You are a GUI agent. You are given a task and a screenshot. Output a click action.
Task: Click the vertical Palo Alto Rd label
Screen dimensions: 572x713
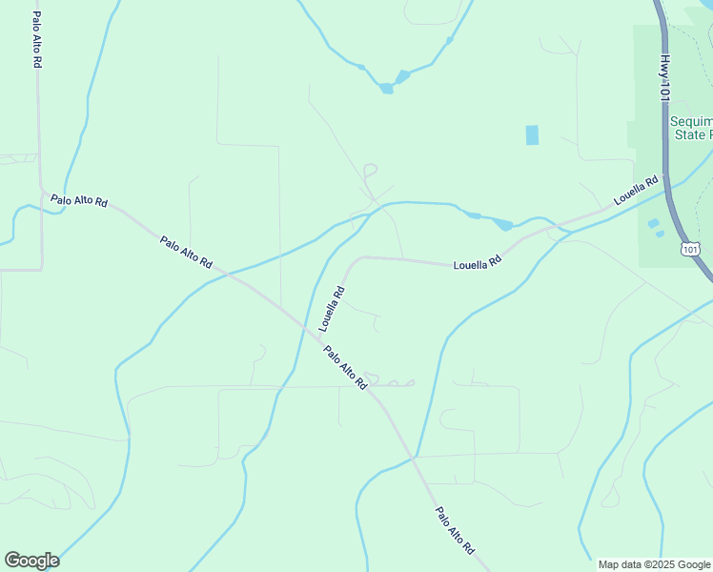(x=36, y=39)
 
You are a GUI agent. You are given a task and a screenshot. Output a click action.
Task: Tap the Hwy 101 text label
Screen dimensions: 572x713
(x=663, y=77)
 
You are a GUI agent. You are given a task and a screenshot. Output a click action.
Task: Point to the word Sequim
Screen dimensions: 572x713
(x=690, y=122)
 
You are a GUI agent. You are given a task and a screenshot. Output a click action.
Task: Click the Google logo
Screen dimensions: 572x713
(x=31, y=561)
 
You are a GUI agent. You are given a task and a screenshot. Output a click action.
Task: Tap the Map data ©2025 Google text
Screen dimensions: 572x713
(x=655, y=564)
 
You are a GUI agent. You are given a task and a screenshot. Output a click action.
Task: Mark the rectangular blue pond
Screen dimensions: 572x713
(x=532, y=135)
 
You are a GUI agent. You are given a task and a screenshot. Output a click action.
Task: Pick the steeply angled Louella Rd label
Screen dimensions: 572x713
(x=332, y=308)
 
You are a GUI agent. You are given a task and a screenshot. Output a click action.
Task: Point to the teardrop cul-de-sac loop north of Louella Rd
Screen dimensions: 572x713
(x=370, y=171)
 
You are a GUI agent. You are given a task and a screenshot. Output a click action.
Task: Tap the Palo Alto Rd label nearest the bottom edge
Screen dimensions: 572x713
(x=455, y=530)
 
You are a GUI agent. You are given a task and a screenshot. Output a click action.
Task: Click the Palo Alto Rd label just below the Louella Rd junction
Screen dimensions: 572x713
(x=345, y=367)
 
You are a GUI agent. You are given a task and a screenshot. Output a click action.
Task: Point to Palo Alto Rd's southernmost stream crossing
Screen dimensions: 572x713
(x=415, y=458)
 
